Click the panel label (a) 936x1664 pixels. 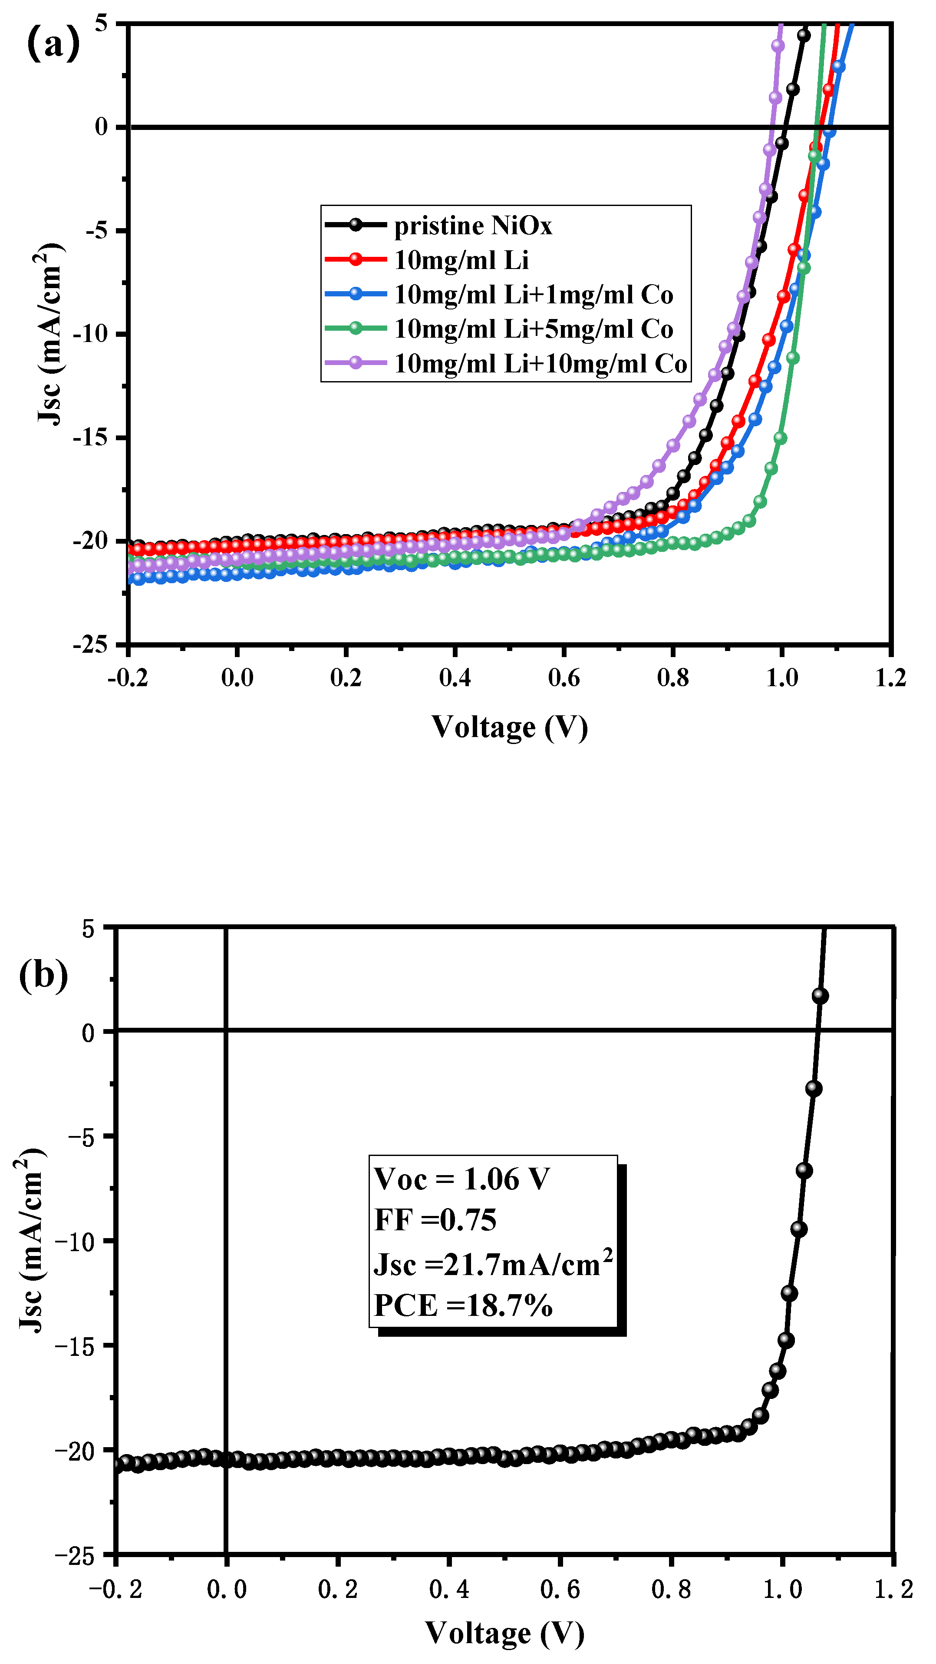point(53,43)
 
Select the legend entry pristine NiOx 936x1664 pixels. point(473,226)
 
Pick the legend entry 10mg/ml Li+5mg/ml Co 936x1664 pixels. point(534,329)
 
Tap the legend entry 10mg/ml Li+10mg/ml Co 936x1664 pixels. point(541,364)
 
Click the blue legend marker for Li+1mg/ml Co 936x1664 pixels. point(356,294)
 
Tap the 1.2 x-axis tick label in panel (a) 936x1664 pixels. point(891,678)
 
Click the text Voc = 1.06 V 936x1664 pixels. point(461,1179)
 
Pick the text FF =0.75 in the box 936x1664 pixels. point(435,1219)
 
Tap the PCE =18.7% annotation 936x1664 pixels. point(463,1305)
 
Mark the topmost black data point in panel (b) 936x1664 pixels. point(820,996)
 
